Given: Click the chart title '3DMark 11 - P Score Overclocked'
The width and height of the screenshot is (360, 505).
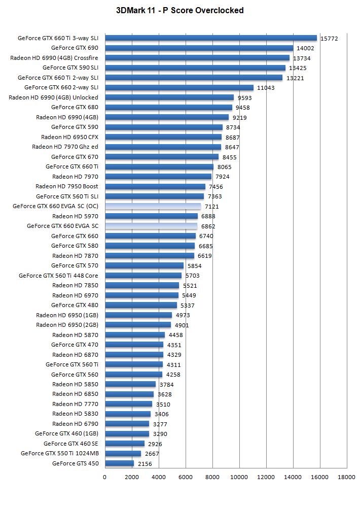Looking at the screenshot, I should tap(180, 10).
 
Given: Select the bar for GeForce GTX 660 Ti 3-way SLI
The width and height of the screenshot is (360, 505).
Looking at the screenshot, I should tap(210, 38).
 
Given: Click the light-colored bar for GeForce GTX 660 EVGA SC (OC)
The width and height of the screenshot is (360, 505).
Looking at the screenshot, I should tap(153, 207).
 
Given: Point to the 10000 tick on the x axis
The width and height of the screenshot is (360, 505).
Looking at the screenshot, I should tap(239, 477).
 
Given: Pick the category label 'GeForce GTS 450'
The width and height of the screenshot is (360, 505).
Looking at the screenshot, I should tap(75, 463).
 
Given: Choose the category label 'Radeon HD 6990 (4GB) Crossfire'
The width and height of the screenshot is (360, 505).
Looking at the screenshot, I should tap(54, 58).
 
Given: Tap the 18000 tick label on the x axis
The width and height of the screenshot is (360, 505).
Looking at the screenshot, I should tap(346, 477).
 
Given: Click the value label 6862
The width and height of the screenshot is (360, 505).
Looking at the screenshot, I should tap(208, 226).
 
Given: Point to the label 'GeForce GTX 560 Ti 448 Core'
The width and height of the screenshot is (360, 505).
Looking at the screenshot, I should tap(58, 276).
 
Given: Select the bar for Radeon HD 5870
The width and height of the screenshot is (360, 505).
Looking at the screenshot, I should tap(134, 335).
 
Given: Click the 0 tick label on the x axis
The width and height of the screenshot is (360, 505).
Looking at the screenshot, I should tap(104, 477).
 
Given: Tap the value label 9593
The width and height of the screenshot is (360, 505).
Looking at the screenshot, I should tap(245, 98).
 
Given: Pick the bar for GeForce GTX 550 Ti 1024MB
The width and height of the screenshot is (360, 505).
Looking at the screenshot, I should tap(123, 454).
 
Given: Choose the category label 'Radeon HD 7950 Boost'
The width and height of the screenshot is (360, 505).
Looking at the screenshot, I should tap(67, 186).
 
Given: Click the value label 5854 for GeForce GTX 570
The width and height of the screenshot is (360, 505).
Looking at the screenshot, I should tap(195, 266).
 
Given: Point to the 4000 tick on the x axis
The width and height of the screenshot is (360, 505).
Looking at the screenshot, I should tap(158, 477).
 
